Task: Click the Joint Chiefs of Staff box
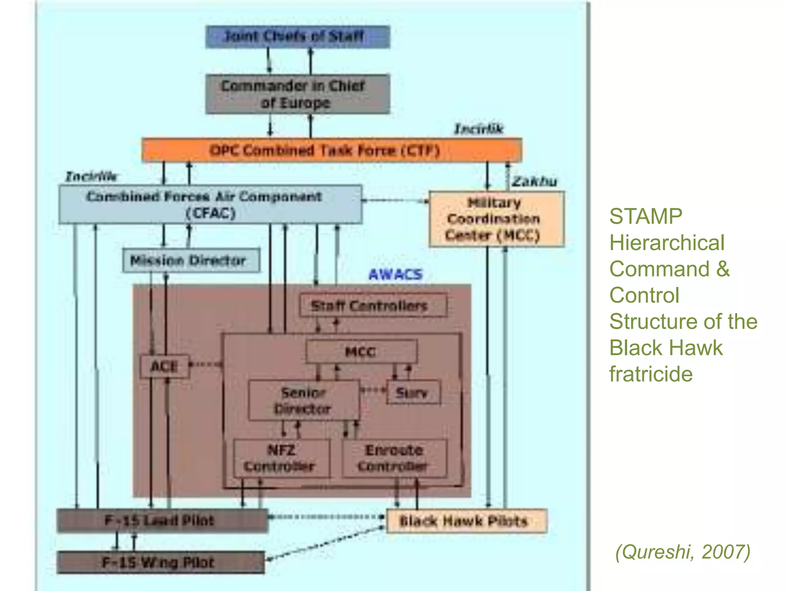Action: (297, 37)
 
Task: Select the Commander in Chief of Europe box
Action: (297, 94)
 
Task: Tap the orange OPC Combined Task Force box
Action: (331, 150)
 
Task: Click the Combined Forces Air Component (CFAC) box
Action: (210, 205)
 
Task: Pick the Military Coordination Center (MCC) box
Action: (496, 219)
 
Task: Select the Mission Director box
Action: (191, 260)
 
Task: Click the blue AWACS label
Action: (395, 274)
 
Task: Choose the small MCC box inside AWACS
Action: (361, 351)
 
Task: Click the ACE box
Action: (164, 366)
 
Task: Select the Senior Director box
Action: (304, 401)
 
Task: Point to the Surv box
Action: (413, 392)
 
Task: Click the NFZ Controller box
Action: (281, 458)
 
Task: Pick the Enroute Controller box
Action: (394, 458)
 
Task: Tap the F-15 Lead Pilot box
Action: (162, 521)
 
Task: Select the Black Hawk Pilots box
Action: (466, 521)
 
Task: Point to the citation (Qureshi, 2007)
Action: (682, 552)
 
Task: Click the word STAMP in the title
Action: (646, 216)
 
